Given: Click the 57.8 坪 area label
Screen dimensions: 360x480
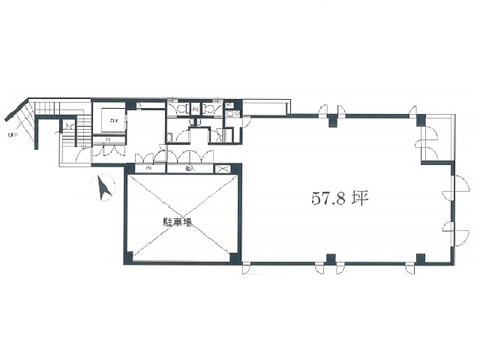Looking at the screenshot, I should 337,199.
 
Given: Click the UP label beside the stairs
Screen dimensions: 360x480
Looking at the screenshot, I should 11,136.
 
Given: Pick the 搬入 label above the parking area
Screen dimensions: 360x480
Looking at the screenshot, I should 190,169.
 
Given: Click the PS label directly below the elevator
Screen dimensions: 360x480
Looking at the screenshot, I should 107,139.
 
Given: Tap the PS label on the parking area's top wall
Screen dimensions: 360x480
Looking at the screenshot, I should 149,169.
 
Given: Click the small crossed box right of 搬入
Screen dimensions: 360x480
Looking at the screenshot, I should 223,169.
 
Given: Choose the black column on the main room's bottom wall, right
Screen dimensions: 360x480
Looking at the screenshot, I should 420,259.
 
